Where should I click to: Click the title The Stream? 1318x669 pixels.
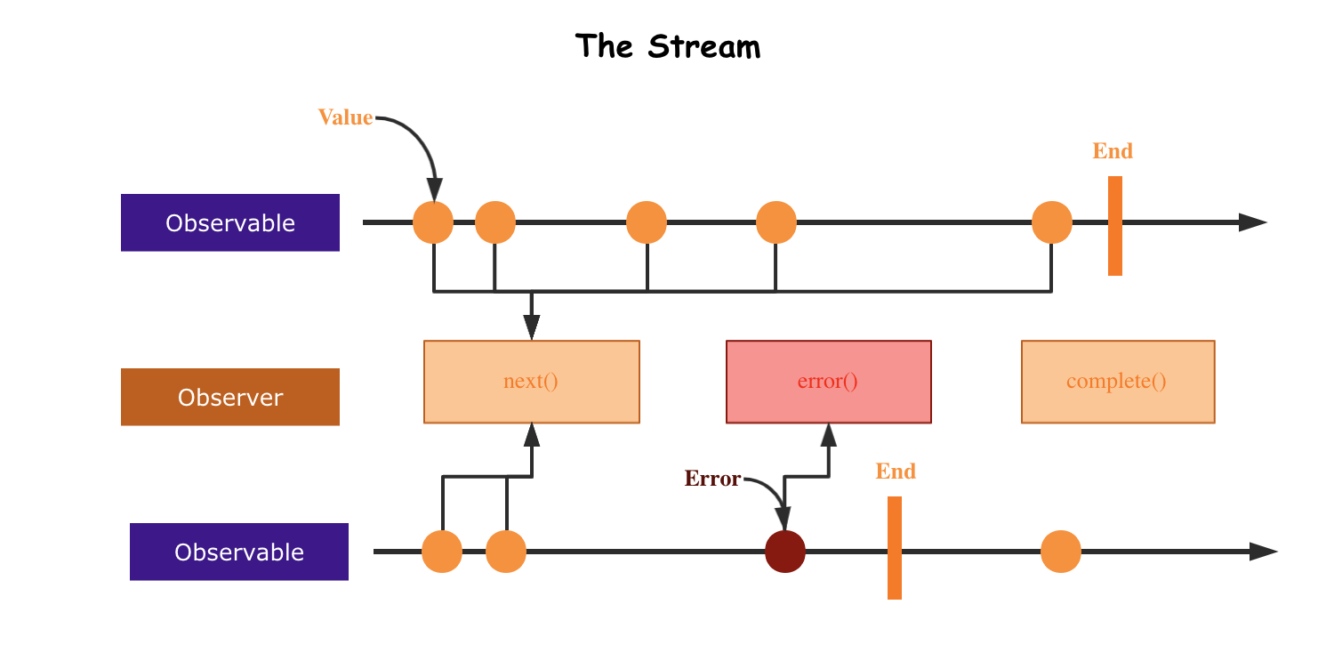(668, 46)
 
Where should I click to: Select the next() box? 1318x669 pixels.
(531, 382)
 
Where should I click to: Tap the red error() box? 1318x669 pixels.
(828, 382)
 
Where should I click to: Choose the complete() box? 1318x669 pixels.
(1117, 382)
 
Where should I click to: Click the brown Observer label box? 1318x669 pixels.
(230, 397)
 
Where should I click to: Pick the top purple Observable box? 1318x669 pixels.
(230, 222)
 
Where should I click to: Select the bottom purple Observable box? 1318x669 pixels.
(239, 552)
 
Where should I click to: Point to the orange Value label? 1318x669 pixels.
(345, 117)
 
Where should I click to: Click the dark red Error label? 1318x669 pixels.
(712, 479)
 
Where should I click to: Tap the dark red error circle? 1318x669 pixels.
(785, 552)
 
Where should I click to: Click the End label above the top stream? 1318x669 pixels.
(1113, 151)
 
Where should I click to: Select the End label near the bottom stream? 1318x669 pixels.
(896, 472)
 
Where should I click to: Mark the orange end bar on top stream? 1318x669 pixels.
(1115, 226)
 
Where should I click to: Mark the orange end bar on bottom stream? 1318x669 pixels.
(895, 547)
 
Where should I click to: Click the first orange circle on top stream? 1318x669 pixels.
(433, 222)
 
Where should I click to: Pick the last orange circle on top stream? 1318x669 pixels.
(1052, 222)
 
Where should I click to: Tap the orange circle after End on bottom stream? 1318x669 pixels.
(1061, 552)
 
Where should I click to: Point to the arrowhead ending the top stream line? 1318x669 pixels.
(1253, 222)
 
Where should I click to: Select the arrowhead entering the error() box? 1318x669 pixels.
(829, 434)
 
